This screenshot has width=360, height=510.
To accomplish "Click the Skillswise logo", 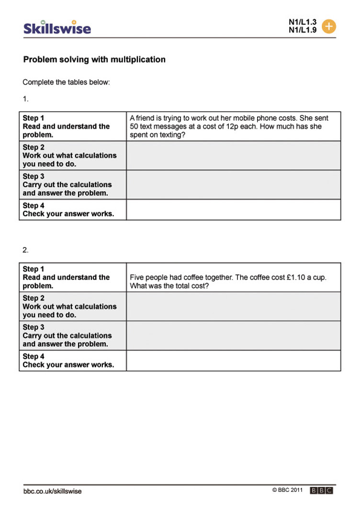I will coord(57,28).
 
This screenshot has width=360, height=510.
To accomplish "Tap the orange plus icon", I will coord(329,26).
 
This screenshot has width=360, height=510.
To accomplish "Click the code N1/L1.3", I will coord(303,22).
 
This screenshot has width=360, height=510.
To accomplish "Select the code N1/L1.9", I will coord(303,30).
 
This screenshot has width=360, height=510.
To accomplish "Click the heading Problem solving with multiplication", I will coord(94,60).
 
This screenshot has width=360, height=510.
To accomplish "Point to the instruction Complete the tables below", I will coord(66,82).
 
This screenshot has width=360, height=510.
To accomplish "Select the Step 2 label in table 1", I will coord(34,147).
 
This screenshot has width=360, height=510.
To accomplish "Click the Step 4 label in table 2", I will coord(34,356).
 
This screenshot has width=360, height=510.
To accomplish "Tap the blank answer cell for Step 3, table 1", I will coord(234,184).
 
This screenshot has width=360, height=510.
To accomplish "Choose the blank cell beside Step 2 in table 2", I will coord(234,306).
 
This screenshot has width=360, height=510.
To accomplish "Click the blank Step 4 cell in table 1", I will coord(234,210).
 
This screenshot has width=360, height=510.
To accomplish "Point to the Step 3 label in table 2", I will coord(34,327).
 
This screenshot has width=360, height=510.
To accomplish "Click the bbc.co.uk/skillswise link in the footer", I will coord(52,491).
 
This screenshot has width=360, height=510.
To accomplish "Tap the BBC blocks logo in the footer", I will coord(321,491).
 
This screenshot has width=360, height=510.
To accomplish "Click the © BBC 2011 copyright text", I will coord(288,490).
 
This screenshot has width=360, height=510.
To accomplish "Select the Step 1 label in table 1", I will coord(34,118).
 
